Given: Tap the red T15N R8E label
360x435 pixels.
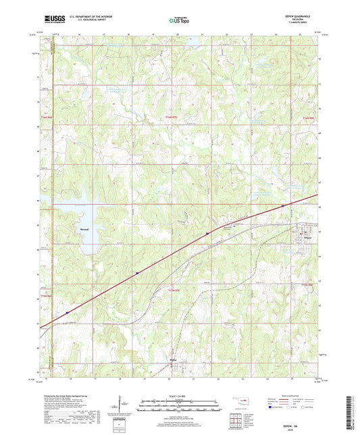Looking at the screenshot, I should point(307,119).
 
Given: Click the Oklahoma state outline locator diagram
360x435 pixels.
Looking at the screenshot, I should point(238,401).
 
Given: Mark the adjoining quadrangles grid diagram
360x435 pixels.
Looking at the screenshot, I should point(238,418).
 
